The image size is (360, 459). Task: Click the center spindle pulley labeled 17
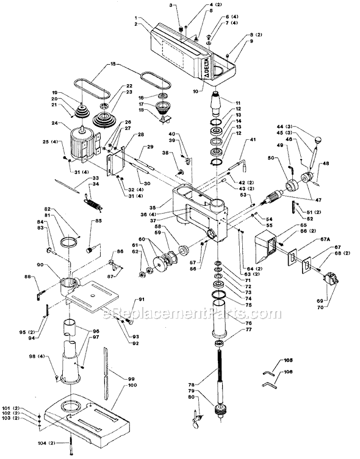(164, 111)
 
